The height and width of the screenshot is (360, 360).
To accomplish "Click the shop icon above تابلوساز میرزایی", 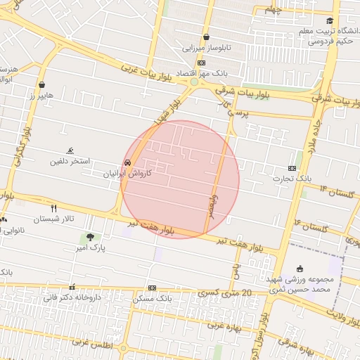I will coord(206,37).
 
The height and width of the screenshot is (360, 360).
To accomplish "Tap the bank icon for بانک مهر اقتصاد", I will coord(202,63).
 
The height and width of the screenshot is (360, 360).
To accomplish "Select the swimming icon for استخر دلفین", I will coord(70,151).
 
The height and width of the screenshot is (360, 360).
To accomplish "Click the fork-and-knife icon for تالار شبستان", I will coord(53,208).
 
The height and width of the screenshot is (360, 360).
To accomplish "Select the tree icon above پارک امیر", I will coord(89,238).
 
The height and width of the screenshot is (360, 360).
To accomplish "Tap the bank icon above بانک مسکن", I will coord(152,288).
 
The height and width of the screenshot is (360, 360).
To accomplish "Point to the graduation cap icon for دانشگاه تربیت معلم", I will coord(330,21).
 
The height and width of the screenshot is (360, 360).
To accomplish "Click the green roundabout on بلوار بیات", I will coord(194,82).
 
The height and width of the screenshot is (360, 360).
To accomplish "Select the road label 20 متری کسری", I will coord(224,292).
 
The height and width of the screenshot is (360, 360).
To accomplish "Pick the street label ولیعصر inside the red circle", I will coord(214,207).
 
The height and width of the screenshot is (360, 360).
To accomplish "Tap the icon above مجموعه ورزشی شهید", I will coord(300,268).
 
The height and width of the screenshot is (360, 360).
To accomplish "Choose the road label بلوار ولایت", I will coord(336,315).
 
